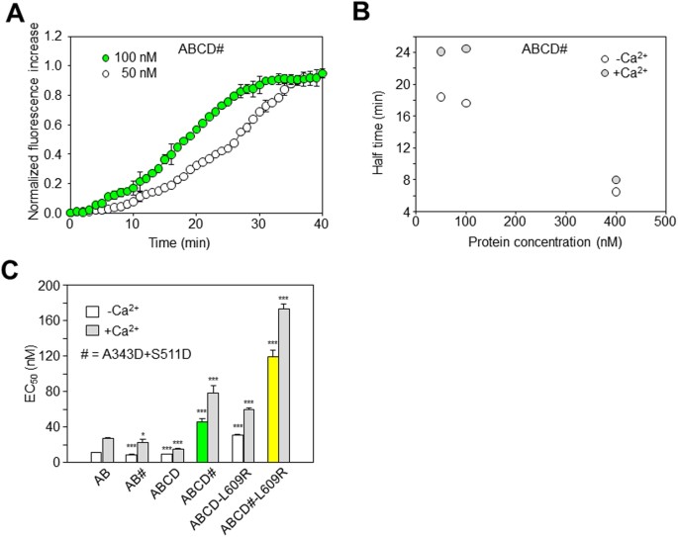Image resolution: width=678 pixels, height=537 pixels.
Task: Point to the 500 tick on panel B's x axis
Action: [x=664, y=224]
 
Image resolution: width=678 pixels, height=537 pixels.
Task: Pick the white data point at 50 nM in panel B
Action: [x=440, y=97]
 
